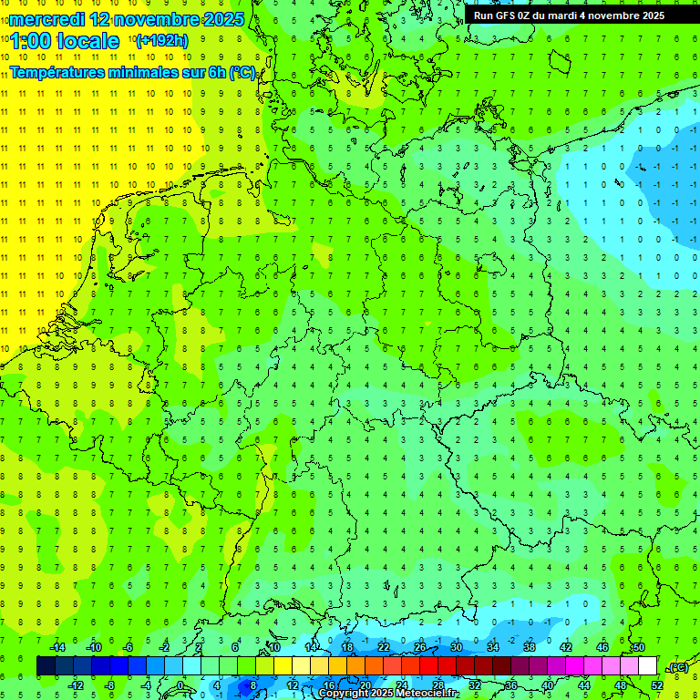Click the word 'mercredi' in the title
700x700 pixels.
pos(46,19)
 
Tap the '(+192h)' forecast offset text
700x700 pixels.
pos(162,41)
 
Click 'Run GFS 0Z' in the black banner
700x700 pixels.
pos(502,15)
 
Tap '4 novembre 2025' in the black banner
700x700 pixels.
pos(621,15)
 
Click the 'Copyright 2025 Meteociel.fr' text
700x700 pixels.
pos(388,694)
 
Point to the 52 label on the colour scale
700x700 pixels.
pos(657,685)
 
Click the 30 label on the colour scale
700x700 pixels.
pos(457,647)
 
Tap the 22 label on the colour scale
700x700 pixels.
pos(384,647)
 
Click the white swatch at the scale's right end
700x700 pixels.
pos(647,666)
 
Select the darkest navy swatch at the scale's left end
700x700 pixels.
pos(46,666)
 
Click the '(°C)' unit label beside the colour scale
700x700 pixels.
pos(678,667)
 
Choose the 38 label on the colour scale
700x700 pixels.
pos(530,647)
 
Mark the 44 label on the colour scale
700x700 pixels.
pos(584,685)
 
